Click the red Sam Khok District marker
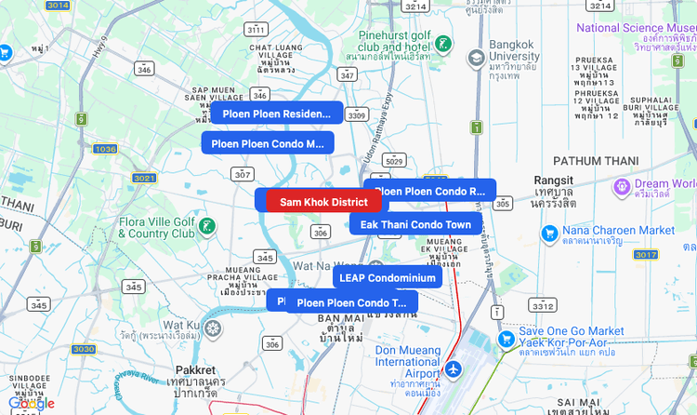323,202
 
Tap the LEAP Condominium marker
387,277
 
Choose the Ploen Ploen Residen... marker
276,114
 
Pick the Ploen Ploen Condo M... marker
268,143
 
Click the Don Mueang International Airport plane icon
454,370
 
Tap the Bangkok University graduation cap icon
476,57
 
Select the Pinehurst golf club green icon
443,44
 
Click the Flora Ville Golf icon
207,226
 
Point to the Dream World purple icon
622,187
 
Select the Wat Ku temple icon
214,328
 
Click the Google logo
32,403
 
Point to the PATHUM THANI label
596,161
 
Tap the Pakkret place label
195,369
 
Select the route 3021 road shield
144,178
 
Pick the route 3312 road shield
542,305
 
